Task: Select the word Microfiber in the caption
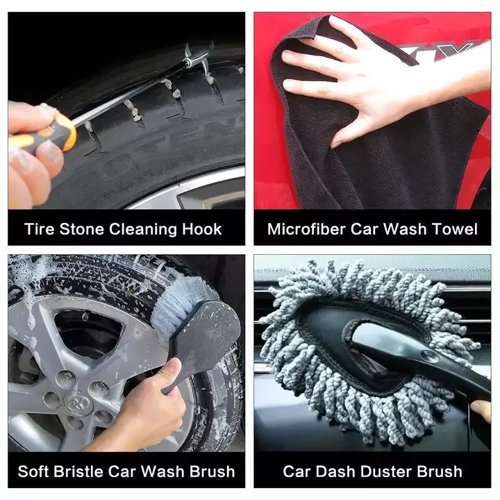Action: coord(306,229)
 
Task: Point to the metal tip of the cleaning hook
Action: coord(196,58)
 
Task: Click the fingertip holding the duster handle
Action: coord(481,410)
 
